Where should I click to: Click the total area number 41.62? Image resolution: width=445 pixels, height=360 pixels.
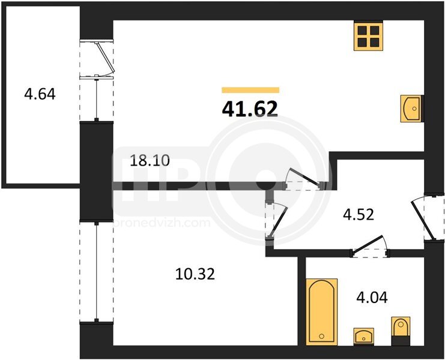[250, 109]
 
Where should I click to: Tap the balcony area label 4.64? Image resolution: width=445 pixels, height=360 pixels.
[40, 94]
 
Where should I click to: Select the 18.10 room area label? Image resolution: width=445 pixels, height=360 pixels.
[150, 161]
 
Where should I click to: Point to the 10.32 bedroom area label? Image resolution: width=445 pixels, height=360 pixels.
[195, 274]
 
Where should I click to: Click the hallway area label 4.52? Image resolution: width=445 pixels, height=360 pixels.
[359, 215]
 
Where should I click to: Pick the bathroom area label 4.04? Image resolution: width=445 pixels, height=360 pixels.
[372, 298]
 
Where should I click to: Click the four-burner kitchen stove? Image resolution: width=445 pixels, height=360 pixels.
[368, 36]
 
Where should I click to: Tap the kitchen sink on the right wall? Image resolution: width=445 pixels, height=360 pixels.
[411, 109]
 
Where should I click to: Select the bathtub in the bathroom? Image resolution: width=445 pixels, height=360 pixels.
[321, 312]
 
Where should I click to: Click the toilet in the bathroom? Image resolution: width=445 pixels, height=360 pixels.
[401, 331]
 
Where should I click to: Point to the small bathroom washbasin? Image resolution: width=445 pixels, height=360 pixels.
[363, 336]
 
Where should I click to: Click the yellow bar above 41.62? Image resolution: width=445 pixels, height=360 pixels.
[250, 90]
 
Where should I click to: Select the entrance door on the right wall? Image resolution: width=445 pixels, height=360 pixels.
[423, 218]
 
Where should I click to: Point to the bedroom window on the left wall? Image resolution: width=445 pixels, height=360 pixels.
[97, 272]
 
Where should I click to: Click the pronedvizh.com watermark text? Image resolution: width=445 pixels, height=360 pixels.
[162, 223]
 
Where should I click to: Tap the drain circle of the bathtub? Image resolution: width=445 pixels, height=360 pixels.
[321, 336]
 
